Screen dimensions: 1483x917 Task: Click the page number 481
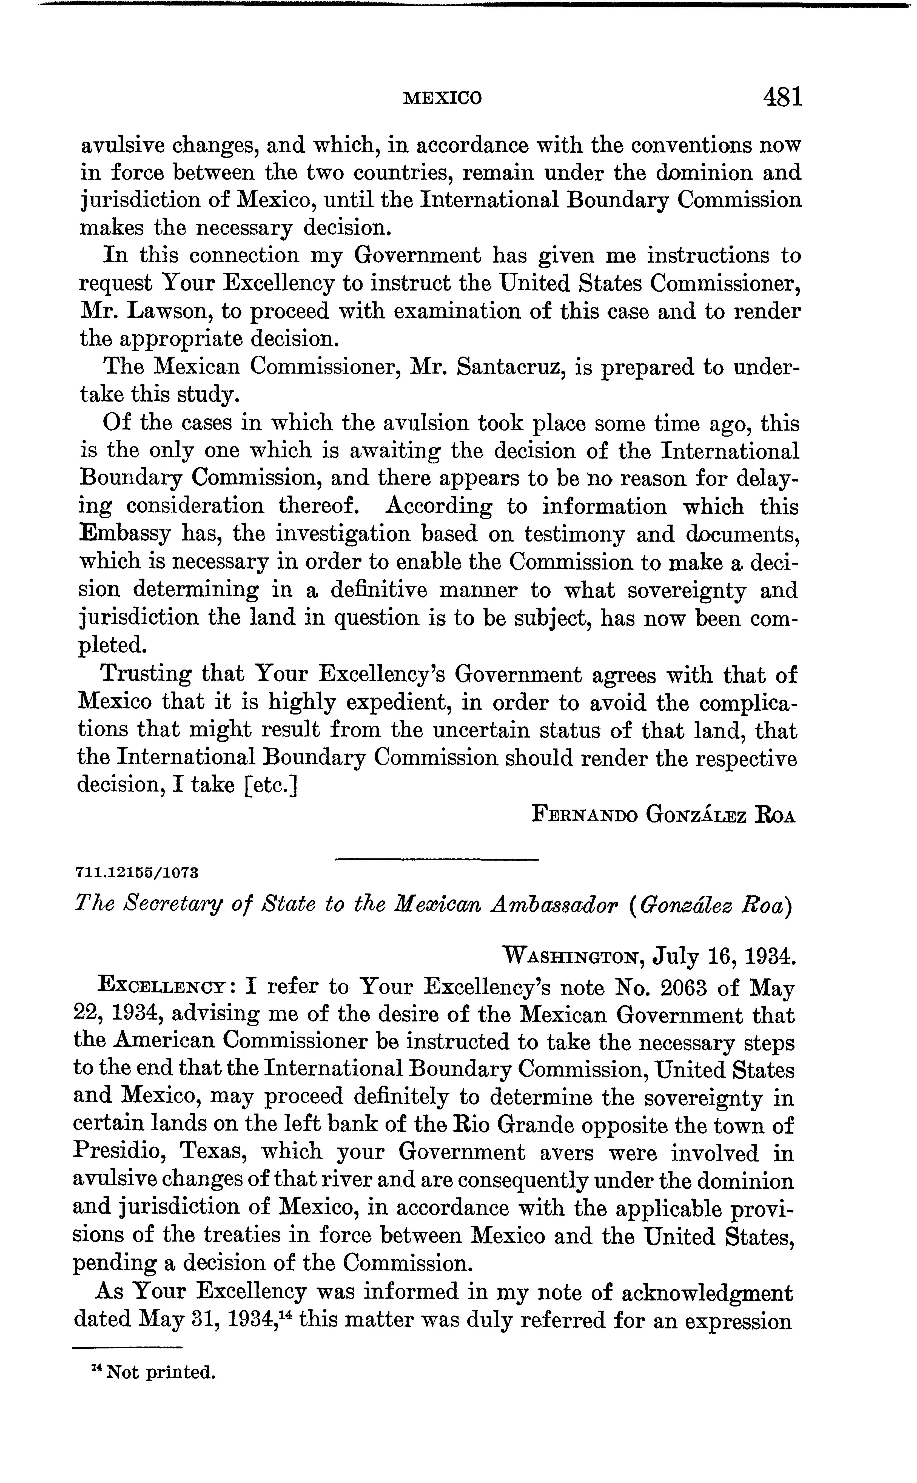782,97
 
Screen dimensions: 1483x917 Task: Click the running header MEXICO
442,98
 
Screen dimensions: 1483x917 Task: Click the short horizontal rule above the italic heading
437,859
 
